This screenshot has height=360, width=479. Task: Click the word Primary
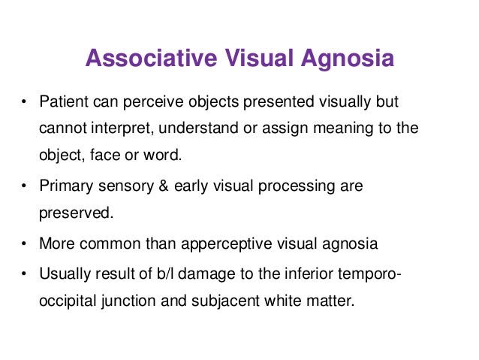(x=64, y=185)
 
